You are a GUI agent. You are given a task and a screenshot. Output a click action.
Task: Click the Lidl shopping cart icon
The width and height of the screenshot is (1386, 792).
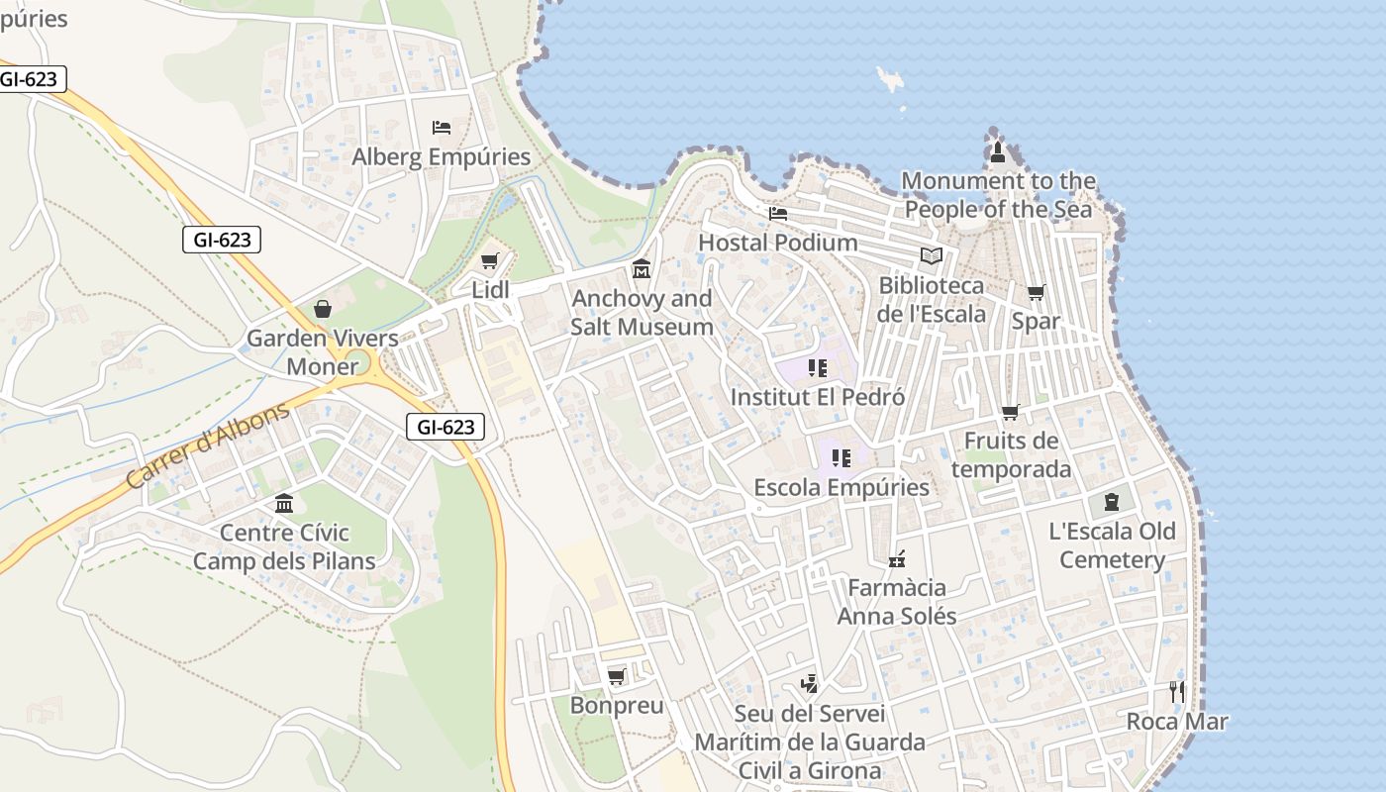[x=489, y=261]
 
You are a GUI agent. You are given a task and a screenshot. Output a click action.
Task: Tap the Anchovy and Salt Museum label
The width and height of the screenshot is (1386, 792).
[x=642, y=312]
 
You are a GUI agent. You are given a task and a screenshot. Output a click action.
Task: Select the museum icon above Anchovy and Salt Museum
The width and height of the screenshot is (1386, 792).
[x=642, y=269]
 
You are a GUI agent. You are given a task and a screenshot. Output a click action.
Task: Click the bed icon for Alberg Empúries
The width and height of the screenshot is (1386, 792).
[x=442, y=128]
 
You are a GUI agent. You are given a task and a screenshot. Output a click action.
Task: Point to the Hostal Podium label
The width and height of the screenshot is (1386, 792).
[x=778, y=243]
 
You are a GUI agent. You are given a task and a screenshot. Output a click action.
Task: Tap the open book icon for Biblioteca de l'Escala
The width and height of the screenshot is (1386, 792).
[x=932, y=256]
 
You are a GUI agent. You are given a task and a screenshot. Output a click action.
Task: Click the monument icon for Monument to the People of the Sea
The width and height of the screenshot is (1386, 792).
[x=998, y=152]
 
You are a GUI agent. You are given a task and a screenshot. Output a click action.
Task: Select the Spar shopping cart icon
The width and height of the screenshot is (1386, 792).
[x=1036, y=292]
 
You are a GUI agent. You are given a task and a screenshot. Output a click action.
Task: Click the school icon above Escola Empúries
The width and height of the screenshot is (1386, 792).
[x=841, y=457]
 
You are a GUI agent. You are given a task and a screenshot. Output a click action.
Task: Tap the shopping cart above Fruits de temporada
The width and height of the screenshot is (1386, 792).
[x=1010, y=412]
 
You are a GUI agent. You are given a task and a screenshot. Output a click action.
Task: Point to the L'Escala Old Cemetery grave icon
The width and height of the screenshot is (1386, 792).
[x=1112, y=502]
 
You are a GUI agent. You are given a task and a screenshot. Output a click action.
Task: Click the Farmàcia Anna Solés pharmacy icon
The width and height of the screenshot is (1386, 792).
[x=897, y=559]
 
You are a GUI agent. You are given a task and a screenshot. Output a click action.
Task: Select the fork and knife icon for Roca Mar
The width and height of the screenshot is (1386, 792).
[x=1177, y=691]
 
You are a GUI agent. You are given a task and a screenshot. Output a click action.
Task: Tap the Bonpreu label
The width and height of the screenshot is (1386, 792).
[x=616, y=706]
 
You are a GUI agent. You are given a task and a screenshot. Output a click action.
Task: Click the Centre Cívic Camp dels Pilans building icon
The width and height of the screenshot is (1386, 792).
[x=284, y=504]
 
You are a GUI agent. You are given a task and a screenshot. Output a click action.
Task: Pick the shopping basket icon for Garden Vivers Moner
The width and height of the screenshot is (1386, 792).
[x=323, y=309]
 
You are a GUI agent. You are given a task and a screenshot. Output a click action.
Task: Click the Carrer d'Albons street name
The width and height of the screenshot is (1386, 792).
[x=207, y=445]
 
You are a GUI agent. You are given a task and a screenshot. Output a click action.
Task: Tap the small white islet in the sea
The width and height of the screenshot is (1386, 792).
[x=890, y=79]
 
